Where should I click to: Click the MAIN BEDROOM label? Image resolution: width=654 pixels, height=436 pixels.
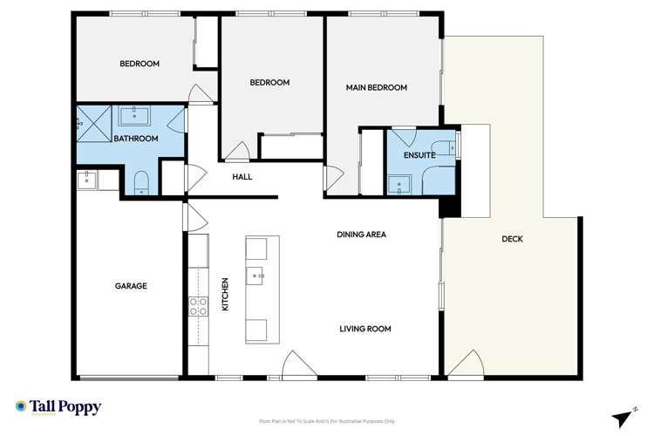[377, 87]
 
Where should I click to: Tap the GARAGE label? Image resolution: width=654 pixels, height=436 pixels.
[131, 286]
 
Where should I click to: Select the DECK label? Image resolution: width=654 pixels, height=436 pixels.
[512, 239]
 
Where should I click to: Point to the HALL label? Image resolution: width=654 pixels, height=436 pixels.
[242, 177]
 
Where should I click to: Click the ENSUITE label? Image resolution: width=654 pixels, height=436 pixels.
[419, 155]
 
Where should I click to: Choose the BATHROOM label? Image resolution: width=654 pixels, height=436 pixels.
[136, 139]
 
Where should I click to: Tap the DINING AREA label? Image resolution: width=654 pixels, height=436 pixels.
[362, 235]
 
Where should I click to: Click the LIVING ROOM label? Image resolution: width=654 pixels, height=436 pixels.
[365, 329]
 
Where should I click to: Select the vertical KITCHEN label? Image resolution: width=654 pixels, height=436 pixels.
[225, 294]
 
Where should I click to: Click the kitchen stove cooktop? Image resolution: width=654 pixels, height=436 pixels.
[198, 306]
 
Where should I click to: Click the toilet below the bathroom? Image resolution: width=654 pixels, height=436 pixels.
[141, 183]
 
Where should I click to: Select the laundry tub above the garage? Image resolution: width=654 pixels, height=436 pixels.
[87, 181]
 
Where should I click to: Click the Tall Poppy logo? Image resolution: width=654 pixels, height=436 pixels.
[58, 407]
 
